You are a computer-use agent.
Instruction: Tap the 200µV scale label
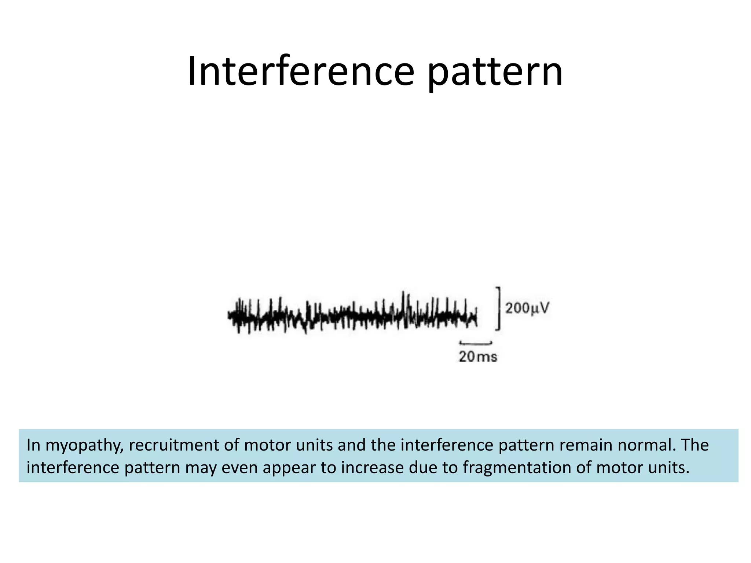tap(527, 308)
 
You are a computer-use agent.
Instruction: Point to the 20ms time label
tap(478, 357)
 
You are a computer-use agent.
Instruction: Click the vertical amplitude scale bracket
tap(498, 309)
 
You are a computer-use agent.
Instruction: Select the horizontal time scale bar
tap(476, 343)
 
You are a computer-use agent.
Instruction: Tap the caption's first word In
tap(33, 445)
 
